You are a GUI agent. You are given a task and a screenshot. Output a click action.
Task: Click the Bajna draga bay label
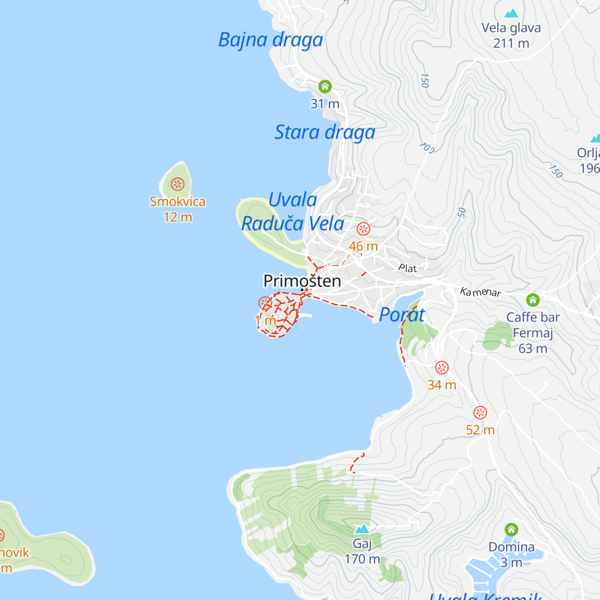[x=270, y=40]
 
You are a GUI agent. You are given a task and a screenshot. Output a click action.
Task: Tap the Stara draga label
[x=324, y=132]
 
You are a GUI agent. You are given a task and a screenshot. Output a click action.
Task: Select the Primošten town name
[x=302, y=281]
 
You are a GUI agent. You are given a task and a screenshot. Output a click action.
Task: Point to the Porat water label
[x=402, y=315]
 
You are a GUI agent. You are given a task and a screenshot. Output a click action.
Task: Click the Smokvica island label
[x=177, y=201]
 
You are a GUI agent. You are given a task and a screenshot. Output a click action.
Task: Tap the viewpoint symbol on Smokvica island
[x=177, y=184]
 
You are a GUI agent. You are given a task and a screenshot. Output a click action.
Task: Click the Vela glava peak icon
[x=511, y=13]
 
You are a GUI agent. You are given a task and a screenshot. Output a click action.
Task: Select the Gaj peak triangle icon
[x=361, y=528]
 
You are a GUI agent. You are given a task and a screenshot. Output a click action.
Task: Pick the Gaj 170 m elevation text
[x=362, y=559]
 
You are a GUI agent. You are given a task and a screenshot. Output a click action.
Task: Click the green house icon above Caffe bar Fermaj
[x=533, y=300]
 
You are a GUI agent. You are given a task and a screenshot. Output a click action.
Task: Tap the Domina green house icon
[x=511, y=529]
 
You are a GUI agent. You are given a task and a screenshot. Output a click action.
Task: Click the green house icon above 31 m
[x=325, y=86]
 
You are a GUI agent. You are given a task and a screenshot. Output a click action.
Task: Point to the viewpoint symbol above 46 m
[x=363, y=229]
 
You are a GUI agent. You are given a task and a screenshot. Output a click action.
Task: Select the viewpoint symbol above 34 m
[x=441, y=368]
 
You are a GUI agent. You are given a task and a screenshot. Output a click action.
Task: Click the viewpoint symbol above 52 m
[x=480, y=413]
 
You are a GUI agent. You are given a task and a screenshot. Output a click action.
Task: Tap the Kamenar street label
[x=480, y=292]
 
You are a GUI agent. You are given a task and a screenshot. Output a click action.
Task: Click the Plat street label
[x=407, y=268]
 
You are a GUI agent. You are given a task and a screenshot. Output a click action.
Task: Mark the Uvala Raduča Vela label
[x=293, y=212]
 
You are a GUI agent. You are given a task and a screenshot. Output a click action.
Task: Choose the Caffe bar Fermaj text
[x=533, y=325]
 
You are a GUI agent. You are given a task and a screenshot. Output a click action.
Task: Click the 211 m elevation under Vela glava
[x=511, y=43]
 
